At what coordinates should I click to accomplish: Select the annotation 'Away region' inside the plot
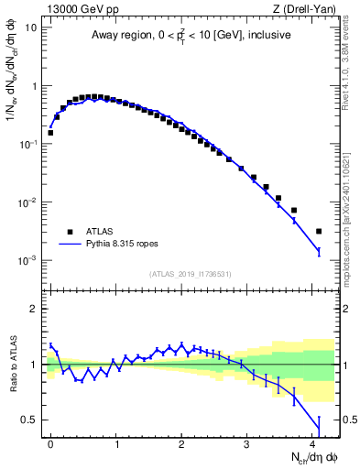[x=120, y=36]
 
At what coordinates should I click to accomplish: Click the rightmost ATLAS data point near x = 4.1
[x=319, y=231]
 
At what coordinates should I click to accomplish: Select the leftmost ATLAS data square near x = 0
[x=50, y=133]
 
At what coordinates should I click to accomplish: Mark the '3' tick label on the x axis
[x=247, y=442]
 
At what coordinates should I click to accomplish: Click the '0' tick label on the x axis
[x=50, y=442]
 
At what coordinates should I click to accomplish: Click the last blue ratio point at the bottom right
[x=319, y=422]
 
